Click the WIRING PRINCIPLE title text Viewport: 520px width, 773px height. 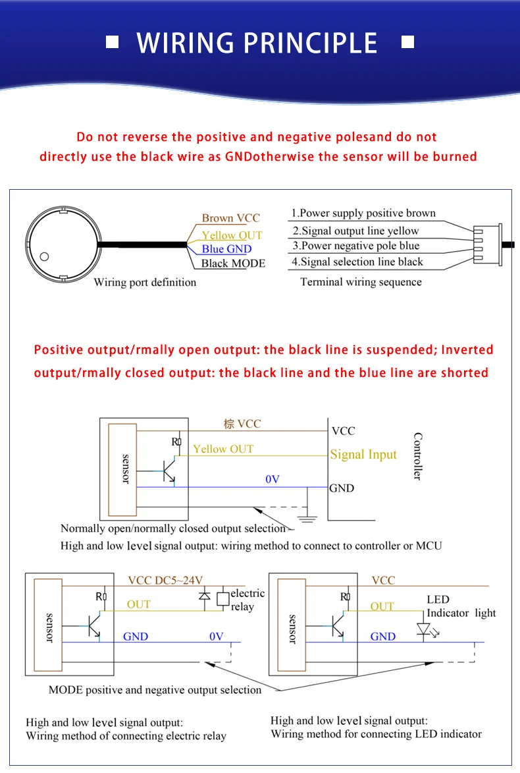point(257,43)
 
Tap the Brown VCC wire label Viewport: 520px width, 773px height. point(230,218)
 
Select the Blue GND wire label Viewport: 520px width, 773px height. point(226,249)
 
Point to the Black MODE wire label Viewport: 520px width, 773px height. point(233,264)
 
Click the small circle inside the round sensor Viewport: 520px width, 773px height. point(44,256)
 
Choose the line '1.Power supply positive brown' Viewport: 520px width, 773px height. point(363,213)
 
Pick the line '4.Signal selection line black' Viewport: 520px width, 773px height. point(357,262)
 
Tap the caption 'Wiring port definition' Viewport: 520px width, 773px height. point(145,283)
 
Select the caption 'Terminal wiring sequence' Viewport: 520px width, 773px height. point(361,282)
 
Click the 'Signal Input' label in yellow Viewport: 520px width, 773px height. point(363,454)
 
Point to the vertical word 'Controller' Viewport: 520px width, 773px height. point(417,456)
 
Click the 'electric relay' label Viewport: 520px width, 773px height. point(247,600)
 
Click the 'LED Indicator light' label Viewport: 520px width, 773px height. point(461,606)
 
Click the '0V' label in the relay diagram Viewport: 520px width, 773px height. point(217,637)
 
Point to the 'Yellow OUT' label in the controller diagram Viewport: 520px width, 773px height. point(223,449)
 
